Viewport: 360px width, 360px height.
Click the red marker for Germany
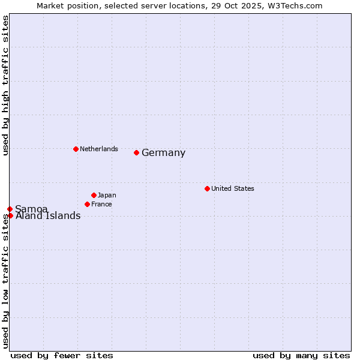point(136,152)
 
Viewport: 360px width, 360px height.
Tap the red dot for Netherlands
point(76,149)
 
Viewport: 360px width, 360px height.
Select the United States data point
point(207,188)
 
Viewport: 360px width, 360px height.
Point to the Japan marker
point(94,195)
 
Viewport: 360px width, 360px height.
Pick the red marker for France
point(87,204)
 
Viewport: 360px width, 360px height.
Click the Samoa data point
point(10,209)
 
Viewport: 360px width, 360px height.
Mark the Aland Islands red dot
point(10,215)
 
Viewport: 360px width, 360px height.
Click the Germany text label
point(163,153)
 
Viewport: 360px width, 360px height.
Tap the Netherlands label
point(99,149)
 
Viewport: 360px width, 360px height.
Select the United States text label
point(233,188)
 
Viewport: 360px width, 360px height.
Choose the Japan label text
point(107,195)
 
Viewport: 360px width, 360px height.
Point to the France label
point(101,204)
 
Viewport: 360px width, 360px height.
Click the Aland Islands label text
point(48,216)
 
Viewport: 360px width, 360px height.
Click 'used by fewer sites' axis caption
point(62,355)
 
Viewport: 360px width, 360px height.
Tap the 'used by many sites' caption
point(301,355)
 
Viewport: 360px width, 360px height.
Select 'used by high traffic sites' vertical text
point(5,85)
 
